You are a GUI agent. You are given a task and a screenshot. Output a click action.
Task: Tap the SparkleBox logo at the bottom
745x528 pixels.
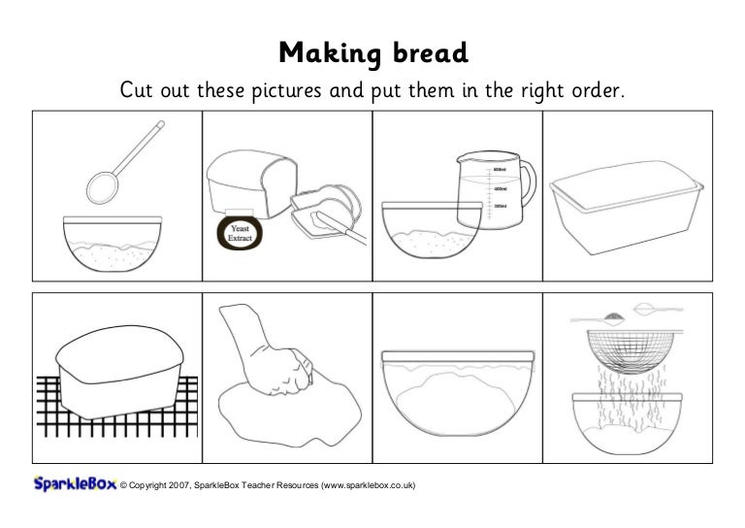point(74,483)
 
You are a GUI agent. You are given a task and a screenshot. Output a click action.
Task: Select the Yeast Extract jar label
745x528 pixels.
point(240,234)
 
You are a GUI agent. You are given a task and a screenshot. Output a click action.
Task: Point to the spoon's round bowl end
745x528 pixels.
point(102,182)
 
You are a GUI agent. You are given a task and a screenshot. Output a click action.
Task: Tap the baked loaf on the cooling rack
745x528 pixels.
point(117,373)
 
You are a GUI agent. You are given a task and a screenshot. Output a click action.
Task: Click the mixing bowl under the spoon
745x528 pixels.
point(112,242)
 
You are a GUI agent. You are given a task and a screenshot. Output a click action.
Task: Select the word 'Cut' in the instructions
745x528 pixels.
point(137,90)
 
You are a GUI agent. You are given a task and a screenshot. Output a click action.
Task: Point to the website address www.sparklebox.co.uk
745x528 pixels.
point(366,484)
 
